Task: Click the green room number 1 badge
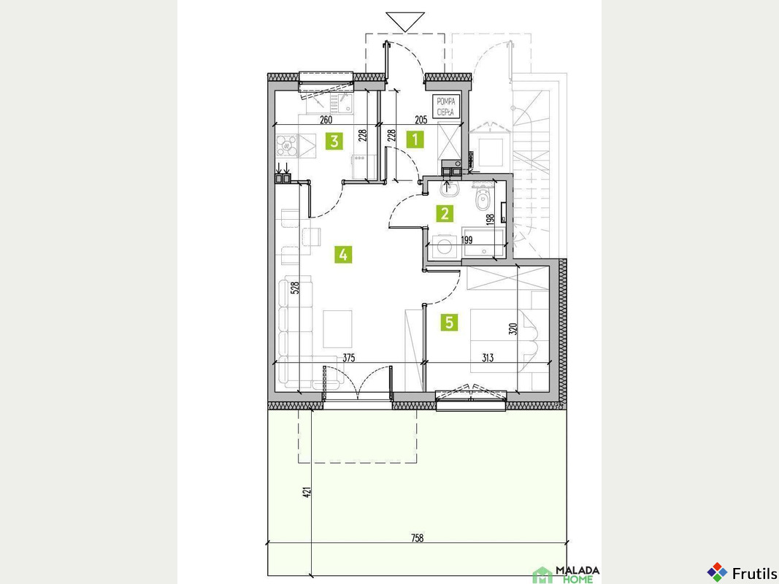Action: (415, 139)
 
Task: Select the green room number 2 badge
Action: (445, 214)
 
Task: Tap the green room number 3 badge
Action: (334, 141)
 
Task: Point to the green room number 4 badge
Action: (343, 255)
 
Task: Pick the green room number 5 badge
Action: (449, 323)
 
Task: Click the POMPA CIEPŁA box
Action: (445, 107)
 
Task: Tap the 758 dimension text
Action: (418, 538)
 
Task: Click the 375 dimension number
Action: (349, 358)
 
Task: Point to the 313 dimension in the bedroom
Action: (488, 358)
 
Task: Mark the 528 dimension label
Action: (295, 288)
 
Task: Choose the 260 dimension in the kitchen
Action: (326, 119)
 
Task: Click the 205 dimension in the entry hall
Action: (421, 119)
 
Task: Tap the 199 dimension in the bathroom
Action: (467, 240)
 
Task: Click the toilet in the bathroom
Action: (483, 198)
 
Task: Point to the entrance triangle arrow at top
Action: (405, 22)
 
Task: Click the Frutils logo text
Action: (755, 572)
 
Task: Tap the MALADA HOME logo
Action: (566, 575)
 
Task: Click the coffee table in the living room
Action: (338, 329)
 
